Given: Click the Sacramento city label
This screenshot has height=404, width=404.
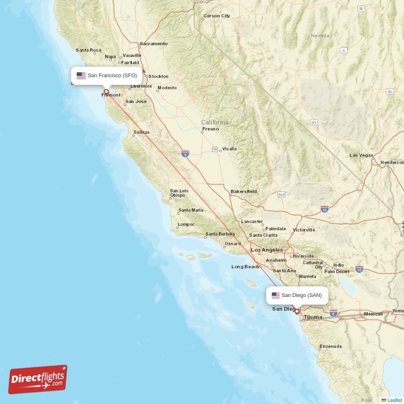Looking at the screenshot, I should pyautogui.click(x=153, y=44).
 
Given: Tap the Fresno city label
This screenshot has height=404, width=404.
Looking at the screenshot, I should pyautogui.click(x=210, y=129).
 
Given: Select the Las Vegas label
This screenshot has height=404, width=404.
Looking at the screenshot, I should pyautogui.click(x=361, y=156).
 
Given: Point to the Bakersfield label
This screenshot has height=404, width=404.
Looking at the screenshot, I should pyautogui.click(x=243, y=192).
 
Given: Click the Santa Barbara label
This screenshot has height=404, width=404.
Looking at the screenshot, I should pyautogui.click(x=220, y=235).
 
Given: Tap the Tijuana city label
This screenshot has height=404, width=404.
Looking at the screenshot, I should pyautogui.click(x=313, y=317).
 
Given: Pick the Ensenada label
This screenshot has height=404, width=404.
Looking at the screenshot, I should pyautogui.click(x=330, y=346).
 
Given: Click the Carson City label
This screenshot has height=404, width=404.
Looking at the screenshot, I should pyautogui.click(x=216, y=16).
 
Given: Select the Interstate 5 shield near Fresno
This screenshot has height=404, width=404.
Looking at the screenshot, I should pyautogui.click(x=185, y=153).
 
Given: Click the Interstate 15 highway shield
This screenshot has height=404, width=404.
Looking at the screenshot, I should pyautogui.click(x=324, y=209).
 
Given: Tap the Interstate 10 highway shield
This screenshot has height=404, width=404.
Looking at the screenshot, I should pyautogui.click(x=359, y=269).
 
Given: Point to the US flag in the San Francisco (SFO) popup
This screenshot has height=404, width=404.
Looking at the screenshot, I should pyautogui.click(x=81, y=76).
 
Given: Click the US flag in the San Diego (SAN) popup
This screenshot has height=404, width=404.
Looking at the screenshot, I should pyautogui.click(x=275, y=295).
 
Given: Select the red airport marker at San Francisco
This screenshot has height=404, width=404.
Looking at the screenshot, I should pyautogui.click(x=106, y=92).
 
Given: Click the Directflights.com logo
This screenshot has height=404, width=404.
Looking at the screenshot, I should pyautogui.click(x=38, y=379).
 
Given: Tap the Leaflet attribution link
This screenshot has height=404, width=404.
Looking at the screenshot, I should pyautogui.click(x=394, y=400).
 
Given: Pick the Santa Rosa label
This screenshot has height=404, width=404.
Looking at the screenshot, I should pyautogui.click(x=88, y=50).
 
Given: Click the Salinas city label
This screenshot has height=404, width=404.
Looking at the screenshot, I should pyautogui.click(x=141, y=132).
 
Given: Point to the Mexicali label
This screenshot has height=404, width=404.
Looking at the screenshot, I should pyautogui.click(x=373, y=314).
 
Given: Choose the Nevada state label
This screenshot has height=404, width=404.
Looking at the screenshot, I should pyautogui.click(x=320, y=36).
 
